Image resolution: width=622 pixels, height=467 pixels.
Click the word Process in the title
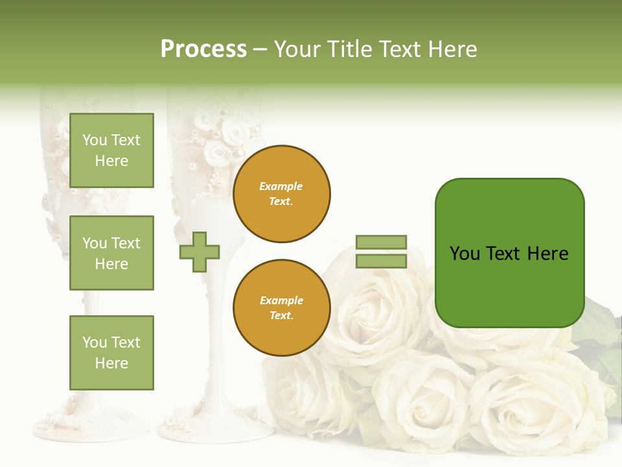(203, 49)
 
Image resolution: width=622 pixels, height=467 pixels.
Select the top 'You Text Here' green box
(111, 150)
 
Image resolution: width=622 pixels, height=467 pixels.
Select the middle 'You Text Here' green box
(111, 253)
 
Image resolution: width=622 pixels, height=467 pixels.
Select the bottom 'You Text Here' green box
(111, 353)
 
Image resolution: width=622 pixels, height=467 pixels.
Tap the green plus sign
(200, 252)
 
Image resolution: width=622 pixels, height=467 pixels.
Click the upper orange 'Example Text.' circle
(281, 194)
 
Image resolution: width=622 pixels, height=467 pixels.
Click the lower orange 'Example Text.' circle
(281, 308)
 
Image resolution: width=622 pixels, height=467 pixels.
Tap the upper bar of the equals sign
(381, 242)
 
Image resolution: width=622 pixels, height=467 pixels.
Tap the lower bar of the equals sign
(381, 261)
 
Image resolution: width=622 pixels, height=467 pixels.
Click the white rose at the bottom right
(538, 409)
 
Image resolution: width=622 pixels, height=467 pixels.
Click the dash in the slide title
(260, 49)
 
